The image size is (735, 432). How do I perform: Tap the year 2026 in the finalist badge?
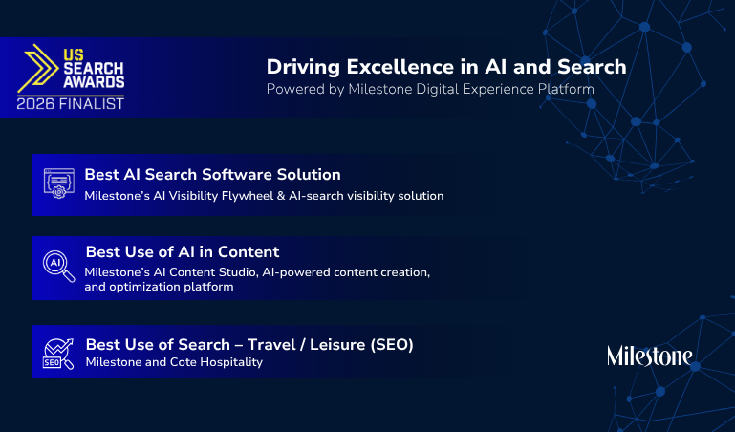tap(35, 103)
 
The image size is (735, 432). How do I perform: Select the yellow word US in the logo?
tap(74, 54)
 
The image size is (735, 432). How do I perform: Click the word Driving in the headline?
tap(303, 68)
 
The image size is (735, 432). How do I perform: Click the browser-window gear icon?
tap(59, 184)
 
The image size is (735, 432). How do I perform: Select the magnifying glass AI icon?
tap(59, 266)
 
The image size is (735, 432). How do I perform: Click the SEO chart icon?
tap(58, 354)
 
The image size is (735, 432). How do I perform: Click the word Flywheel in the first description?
tap(247, 195)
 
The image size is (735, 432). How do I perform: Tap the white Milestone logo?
tap(650, 356)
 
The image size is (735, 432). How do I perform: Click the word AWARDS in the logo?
tap(94, 82)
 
